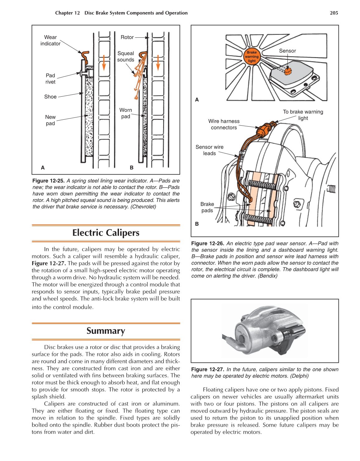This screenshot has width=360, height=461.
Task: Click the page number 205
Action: point(334,13)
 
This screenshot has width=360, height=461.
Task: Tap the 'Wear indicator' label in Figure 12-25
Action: point(50,41)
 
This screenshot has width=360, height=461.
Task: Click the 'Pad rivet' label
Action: point(50,79)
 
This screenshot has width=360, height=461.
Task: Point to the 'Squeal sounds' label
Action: point(126,56)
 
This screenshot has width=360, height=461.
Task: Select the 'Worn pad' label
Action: point(126,113)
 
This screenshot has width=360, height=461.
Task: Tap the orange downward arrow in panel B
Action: point(158,63)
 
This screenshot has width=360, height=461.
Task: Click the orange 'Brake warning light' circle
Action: point(252,57)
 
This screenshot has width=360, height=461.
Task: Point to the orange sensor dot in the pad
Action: point(288,72)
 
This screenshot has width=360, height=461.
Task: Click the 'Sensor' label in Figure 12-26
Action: point(287,51)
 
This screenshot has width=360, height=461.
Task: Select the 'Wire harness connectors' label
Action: point(224,124)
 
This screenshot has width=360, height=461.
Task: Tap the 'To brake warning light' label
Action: point(303,115)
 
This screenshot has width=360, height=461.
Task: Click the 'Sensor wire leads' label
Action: point(210,150)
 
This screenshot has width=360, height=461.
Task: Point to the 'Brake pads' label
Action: point(207,207)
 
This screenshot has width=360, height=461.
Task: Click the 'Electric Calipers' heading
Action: point(106,233)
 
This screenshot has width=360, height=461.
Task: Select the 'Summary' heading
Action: point(106,331)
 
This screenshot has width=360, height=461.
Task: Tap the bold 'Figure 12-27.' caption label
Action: point(207,369)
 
